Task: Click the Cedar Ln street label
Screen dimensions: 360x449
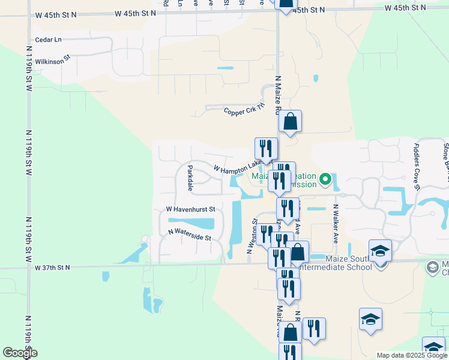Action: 49,40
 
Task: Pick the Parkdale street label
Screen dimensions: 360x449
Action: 190,178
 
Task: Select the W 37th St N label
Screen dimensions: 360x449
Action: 52,267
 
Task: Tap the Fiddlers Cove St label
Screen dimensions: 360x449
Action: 417,163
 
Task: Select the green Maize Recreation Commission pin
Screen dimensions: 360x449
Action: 325,179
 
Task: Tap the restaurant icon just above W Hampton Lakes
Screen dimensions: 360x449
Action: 266,148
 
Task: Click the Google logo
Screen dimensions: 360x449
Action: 19,353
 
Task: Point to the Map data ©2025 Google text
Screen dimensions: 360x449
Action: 410,355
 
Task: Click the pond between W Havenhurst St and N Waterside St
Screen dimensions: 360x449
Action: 193,223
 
